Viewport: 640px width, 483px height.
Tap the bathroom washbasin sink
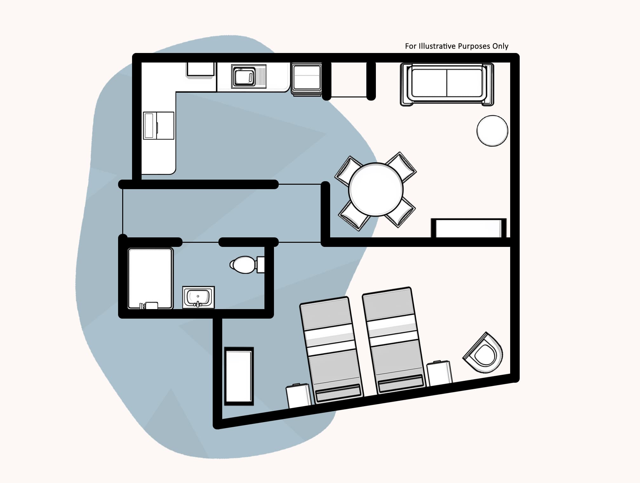click(x=198, y=297)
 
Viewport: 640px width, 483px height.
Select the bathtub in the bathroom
click(x=150, y=278)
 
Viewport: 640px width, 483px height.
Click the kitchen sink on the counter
click(x=243, y=76)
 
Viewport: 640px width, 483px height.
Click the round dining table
click(x=376, y=189)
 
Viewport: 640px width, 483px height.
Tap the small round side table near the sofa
click(x=492, y=131)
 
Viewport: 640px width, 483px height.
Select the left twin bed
click(x=331, y=350)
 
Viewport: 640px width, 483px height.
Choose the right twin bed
click(x=393, y=341)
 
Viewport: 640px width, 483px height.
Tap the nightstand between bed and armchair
click(x=439, y=374)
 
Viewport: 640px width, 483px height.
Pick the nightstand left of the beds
click(x=298, y=396)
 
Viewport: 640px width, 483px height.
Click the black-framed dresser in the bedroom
click(x=239, y=376)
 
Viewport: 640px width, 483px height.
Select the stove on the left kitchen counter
click(x=158, y=125)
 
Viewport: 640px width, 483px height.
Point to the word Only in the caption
click(x=500, y=46)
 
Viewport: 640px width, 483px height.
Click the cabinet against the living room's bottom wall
click(x=469, y=228)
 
